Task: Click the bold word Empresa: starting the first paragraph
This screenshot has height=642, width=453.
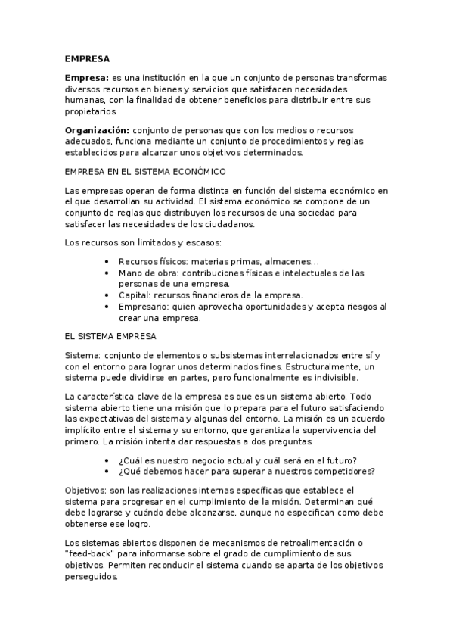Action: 87,79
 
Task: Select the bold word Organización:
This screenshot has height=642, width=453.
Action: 98,130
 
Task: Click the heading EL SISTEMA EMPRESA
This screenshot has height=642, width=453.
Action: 110,335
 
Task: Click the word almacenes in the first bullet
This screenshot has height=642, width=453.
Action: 286,262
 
